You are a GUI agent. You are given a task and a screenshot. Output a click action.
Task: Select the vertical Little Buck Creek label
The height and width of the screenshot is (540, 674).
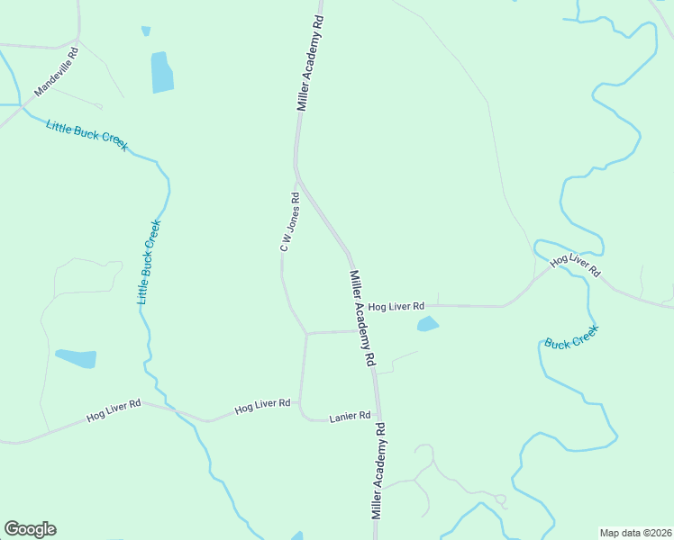point(149,261)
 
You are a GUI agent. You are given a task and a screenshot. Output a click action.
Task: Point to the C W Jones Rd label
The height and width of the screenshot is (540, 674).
point(288,221)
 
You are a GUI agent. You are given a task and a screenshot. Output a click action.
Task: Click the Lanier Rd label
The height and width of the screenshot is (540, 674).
point(350,417)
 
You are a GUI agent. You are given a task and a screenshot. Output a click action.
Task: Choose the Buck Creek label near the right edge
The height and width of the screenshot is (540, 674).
point(571,337)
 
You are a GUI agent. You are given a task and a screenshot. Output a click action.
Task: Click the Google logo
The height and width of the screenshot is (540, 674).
point(30,529)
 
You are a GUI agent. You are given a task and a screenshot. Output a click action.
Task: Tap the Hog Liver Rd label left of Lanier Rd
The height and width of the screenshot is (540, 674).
point(261,406)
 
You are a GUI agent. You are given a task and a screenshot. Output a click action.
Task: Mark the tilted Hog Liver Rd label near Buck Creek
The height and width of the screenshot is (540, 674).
point(575,265)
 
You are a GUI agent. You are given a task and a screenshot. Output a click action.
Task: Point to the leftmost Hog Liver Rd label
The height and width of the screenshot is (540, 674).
point(114,411)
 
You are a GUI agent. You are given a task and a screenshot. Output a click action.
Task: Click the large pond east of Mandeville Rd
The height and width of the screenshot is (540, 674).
point(162,72)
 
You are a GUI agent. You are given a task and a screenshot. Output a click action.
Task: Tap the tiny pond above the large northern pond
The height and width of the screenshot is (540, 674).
point(146,31)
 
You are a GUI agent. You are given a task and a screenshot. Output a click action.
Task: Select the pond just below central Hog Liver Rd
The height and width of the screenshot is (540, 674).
point(428,324)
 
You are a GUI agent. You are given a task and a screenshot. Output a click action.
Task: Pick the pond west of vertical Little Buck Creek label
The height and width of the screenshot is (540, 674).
point(77,358)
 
